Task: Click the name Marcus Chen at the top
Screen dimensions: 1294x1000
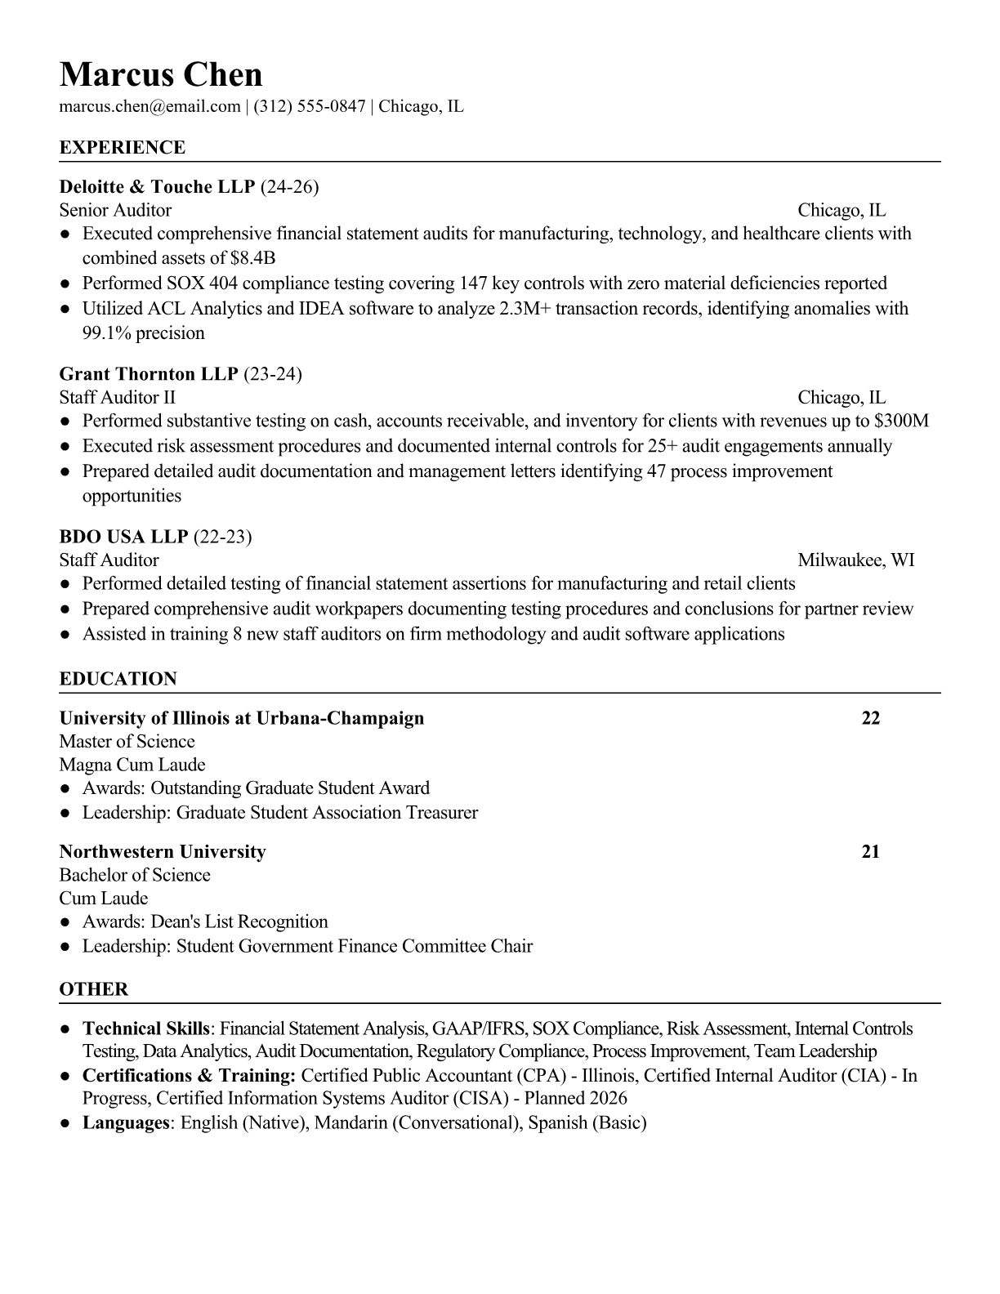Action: [x=161, y=74]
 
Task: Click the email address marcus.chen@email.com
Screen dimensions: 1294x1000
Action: [x=150, y=106]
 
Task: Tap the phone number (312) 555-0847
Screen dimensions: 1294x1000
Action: [x=309, y=106]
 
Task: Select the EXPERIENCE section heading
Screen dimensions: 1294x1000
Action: [x=123, y=148]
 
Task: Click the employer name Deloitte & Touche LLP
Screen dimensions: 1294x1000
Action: [x=158, y=187]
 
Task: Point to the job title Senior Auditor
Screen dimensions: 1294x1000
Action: [x=115, y=211]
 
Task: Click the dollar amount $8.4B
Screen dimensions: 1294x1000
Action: [x=253, y=258]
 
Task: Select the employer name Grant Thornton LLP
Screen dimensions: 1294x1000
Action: [x=149, y=374]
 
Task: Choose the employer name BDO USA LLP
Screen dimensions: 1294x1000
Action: [x=123, y=537]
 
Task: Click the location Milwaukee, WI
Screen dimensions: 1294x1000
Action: [x=855, y=560]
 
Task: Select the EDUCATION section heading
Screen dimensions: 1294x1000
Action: [x=118, y=679]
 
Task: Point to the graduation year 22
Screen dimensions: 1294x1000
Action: [x=871, y=718]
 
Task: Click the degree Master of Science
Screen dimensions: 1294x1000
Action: [x=127, y=742]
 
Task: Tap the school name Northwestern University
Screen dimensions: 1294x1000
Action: [x=163, y=851]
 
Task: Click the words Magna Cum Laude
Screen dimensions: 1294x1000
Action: [x=132, y=765]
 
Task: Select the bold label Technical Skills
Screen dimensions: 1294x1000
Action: [x=147, y=1029]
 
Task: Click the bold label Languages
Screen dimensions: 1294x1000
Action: [x=125, y=1122]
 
